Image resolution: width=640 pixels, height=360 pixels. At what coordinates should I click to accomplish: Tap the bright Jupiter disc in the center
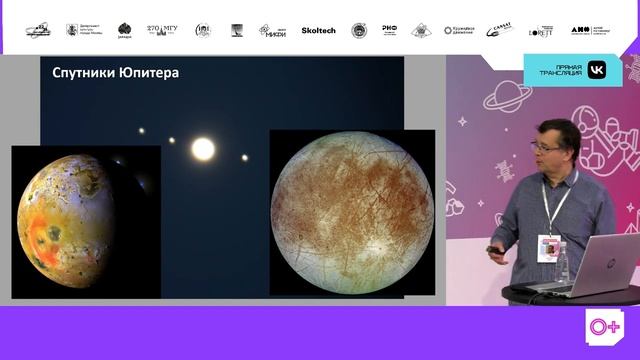[203, 150]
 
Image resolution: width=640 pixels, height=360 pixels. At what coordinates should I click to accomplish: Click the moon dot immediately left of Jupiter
[171, 141]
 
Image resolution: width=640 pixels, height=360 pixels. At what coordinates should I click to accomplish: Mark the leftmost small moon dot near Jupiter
[141, 130]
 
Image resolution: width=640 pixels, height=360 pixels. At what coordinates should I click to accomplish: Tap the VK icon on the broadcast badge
[596, 70]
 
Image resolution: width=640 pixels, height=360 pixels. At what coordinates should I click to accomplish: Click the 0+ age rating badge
[604, 327]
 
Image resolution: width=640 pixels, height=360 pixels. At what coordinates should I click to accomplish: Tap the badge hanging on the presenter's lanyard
[548, 247]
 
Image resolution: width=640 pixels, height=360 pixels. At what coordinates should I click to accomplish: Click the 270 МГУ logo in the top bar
[162, 30]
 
